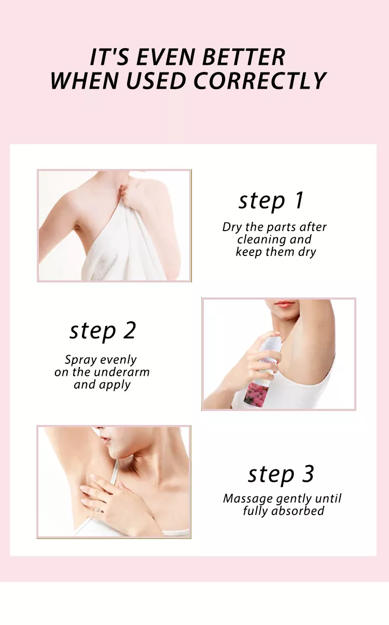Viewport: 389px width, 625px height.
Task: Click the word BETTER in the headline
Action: coord(243,57)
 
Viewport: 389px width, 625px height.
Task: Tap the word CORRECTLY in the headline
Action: coord(260,81)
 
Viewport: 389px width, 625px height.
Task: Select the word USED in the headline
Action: coord(156,81)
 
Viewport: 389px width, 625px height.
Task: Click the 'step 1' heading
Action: coord(271,201)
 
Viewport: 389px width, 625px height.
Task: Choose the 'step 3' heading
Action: coord(281,474)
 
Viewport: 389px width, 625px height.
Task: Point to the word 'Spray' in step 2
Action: coord(77,360)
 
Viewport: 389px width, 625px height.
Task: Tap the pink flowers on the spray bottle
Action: coord(257,393)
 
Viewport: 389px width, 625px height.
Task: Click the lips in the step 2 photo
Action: coord(284,304)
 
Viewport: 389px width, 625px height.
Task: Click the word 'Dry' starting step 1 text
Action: coord(232,228)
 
